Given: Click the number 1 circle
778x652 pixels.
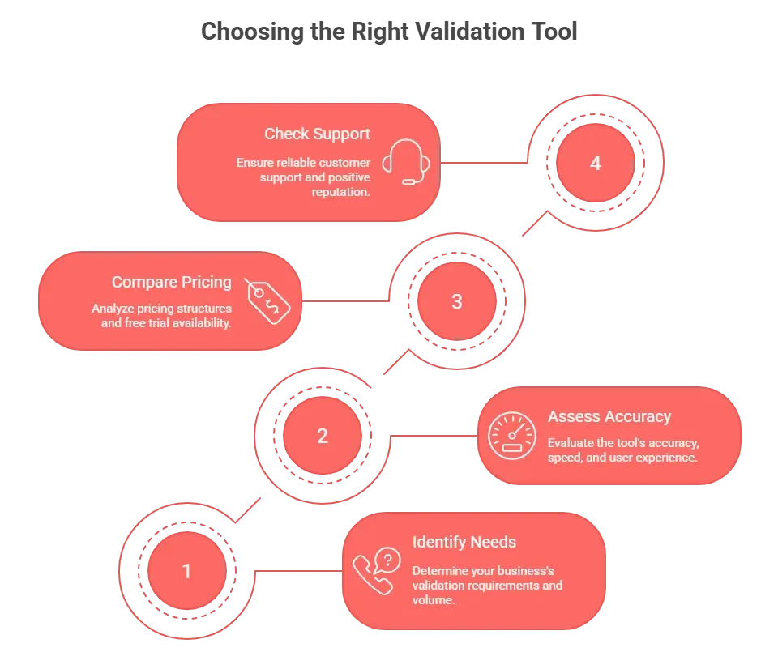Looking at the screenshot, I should (x=187, y=571).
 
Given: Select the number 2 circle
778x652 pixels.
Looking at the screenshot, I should (x=323, y=436).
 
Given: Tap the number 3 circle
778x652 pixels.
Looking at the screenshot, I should (x=457, y=301).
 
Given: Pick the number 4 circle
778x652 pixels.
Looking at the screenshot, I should (x=596, y=163).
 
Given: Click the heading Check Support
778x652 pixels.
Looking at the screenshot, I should (x=317, y=134).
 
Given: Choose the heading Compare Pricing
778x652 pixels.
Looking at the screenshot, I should (x=172, y=282).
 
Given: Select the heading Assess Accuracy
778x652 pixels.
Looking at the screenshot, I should (x=609, y=416).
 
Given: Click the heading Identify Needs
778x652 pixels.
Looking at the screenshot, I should (x=464, y=542).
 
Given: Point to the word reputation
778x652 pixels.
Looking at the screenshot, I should (x=341, y=191).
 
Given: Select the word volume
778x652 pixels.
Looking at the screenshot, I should (x=434, y=600).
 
